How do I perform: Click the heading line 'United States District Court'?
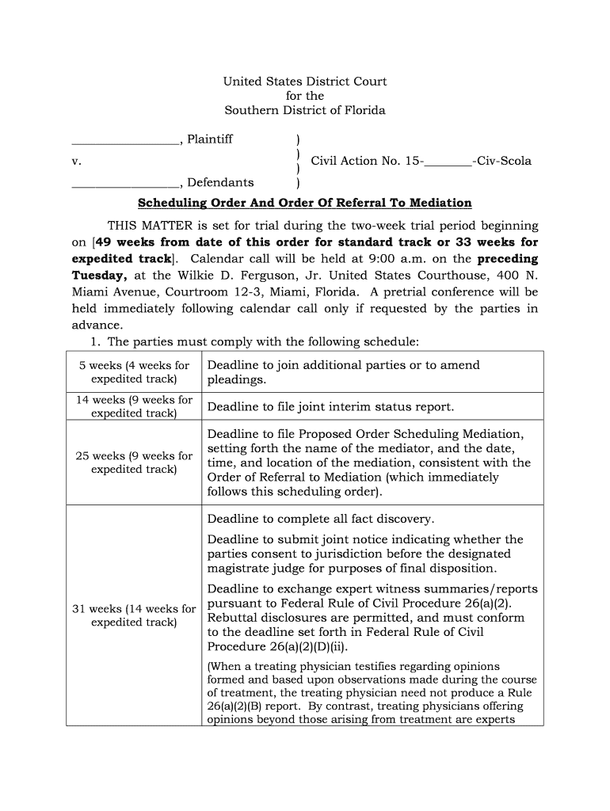pyautogui.click(x=304, y=82)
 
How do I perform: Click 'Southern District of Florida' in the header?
pyautogui.click(x=304, y=110)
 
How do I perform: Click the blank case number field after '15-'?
pyautogui.click(x=448, y=162)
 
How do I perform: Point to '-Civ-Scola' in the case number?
pyautogui.click(x=502, y=161)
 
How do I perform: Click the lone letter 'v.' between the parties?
pyautogui.click(x=77, y=161)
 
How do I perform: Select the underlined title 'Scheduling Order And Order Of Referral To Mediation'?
pyautogui.click(x=305, y=204)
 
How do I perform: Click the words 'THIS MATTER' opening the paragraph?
pyautogui.click(x=144, y=226)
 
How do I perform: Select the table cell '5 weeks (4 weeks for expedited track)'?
pyautogui.click(x=134, y=372)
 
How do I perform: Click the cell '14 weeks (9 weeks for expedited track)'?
pyautogui.click(x=134, y=406)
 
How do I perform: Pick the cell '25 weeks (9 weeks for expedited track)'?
pyautogui.click(x=134, y=463)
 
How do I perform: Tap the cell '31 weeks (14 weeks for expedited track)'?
pyautogui.click(x=134, y=615)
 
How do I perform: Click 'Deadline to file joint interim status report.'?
pyautogui.click(x=330, y=407)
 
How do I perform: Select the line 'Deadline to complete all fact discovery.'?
pyautogui.click(x=320, y=520)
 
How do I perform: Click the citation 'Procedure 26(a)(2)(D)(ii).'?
pyautogui.click(x=277, y=646)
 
